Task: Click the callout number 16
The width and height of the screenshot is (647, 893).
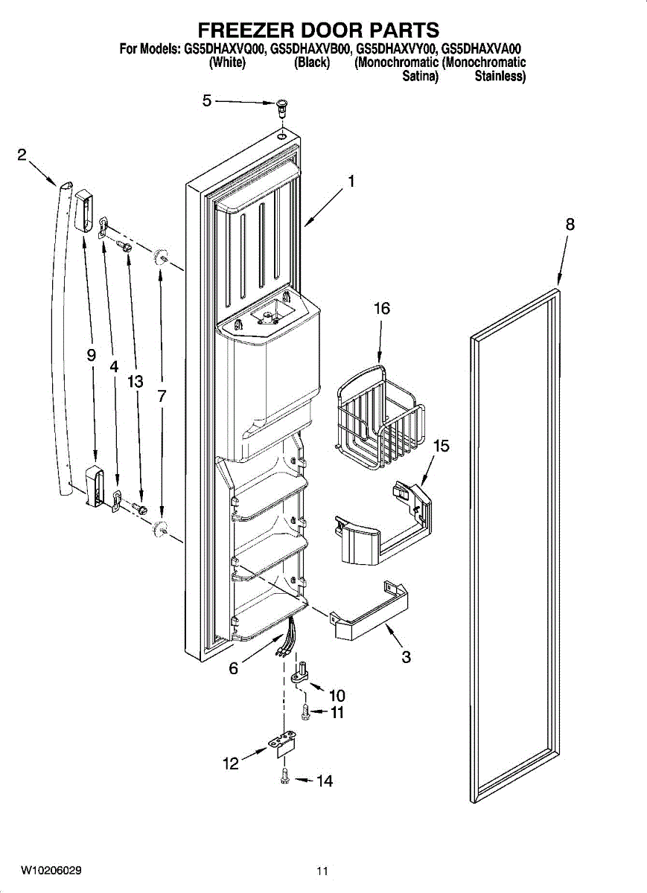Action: tap(381, 309)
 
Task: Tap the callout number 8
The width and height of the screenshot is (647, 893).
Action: tap(570, 224)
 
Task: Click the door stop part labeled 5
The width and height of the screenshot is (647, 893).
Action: tap(282, 106)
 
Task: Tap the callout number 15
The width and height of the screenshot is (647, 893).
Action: tap(442, 446)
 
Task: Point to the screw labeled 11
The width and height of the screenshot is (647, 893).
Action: tap(305, 712)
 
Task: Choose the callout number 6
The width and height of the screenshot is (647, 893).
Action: tap(233, 668)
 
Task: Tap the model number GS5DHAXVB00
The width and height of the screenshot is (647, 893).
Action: tap(312, 50)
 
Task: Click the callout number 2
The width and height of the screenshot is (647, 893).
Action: tap(22, 155)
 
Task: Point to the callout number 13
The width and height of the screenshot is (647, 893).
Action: tap(135, 382)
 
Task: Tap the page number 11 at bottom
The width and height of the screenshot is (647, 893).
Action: tap(322, 871)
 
